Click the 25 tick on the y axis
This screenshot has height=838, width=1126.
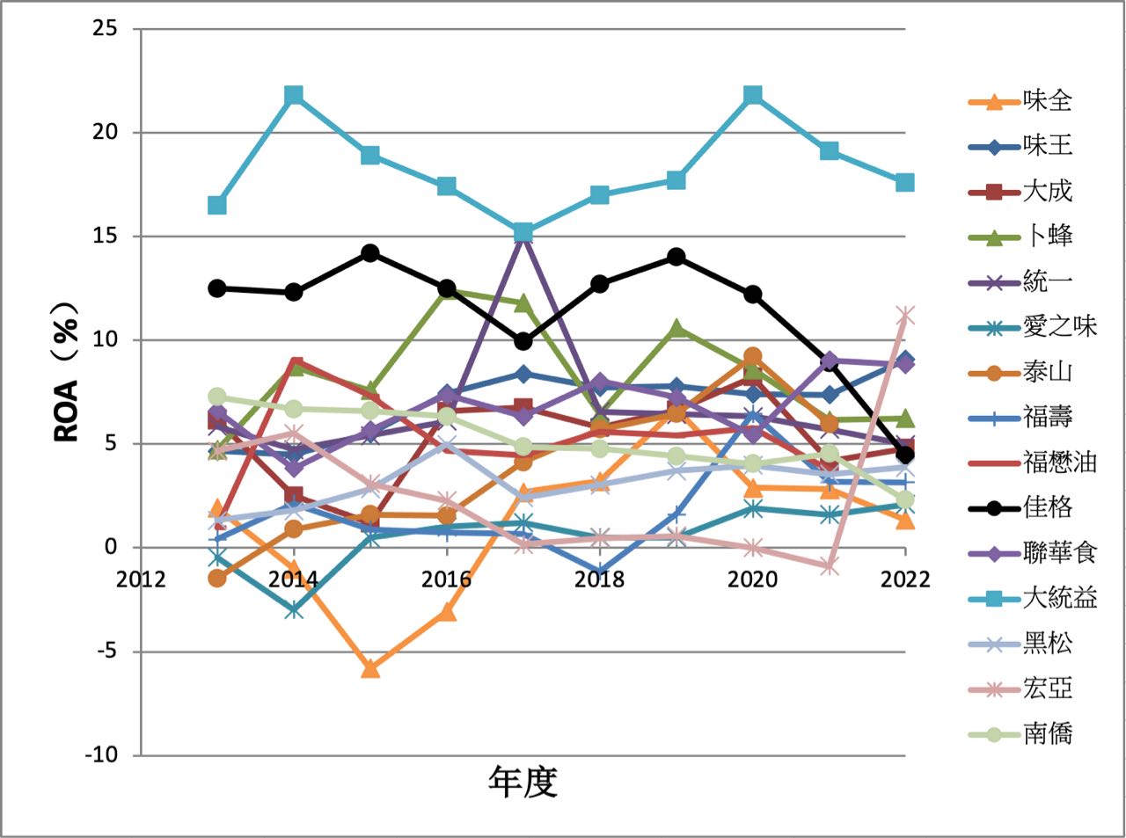pos(105,29)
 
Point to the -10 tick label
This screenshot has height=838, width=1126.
pos(101,754)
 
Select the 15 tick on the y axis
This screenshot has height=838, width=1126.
pos(105,237)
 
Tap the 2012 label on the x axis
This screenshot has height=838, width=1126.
pos(141,579)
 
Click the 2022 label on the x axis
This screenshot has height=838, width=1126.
pos(904,579)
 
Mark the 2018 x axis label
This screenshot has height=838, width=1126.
pos(599,579)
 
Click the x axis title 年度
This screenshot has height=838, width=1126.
pos(523,781)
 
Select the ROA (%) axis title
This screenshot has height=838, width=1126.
pos(69,371)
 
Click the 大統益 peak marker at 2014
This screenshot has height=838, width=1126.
pos(294,95)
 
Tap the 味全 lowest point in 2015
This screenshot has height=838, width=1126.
pos(370,668)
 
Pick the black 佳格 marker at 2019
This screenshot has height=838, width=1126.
pos(676,257)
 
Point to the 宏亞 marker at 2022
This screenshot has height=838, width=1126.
pos(905,315)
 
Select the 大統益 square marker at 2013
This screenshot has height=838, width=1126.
pos(217,205)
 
